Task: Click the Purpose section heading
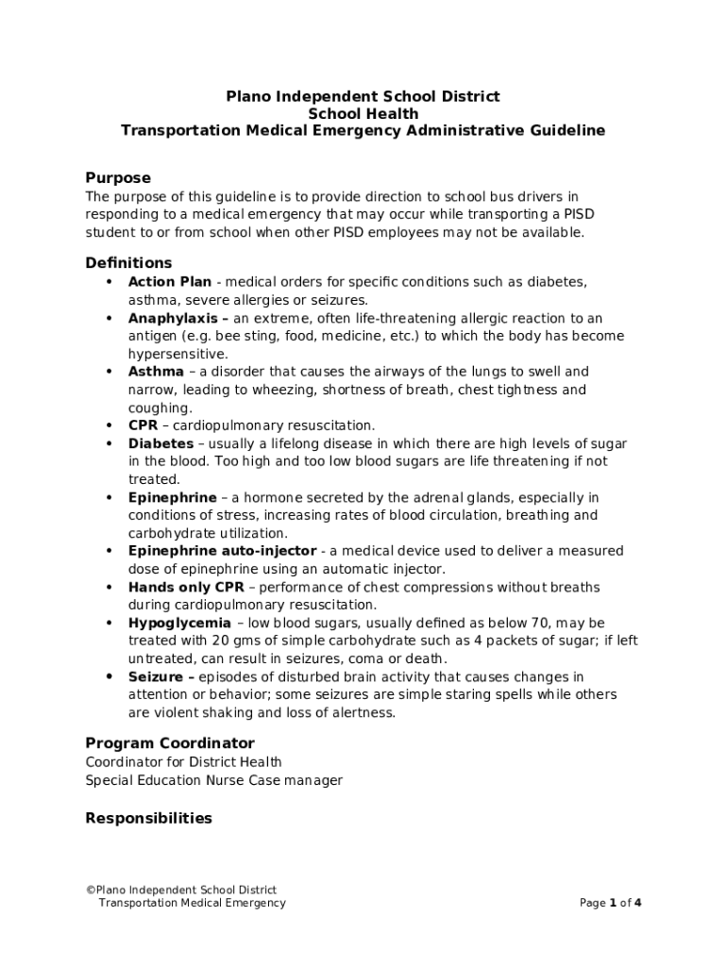pyautogui.click(x=118, y=178)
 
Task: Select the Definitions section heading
pyautogui.click(x=128, y=263)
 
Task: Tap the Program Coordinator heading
pyautogui.click(x=170, y=743)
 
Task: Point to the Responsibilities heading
pyautogui.click(x=148, y=818)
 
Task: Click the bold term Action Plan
pyautogui.click(x=170, y=282)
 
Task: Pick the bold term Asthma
pyautogui.click(x=156, y=372)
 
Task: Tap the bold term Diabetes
pyautogui.click(x=161, y=443)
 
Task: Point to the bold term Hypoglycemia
pyautogui.click(x=179, y=624)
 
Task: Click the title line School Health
pyautogui.click(x=363, y=114)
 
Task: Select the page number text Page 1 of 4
pyautogui.click(x=610, y=903)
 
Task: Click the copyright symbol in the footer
pyautogui.click(x=90, y=890)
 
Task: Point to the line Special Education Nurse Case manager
pyautogui.click(x=214, y=780)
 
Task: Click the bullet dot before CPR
pyautogui.click(x=110, y=425)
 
